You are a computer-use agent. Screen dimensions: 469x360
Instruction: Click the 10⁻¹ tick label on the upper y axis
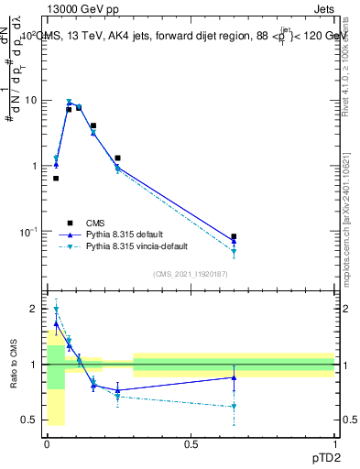tap(29, 231)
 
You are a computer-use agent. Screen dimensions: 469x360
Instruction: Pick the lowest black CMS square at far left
tap(56, 179)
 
